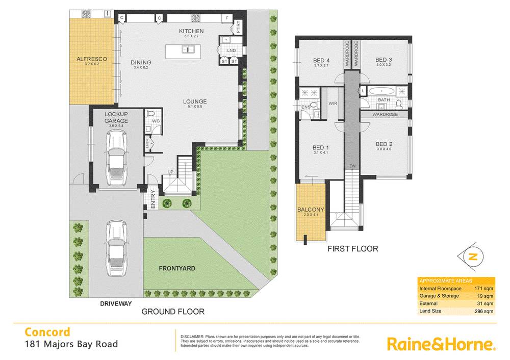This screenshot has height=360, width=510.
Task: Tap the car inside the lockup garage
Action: pos(117,158)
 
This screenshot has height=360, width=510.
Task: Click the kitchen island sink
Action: pos(187,49)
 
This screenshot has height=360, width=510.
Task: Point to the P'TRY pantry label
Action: pos(238,24)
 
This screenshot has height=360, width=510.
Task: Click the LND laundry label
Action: pos(231,50)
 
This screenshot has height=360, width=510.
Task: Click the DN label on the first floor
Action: pos(352,166)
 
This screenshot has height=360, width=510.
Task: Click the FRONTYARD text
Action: pos(177,268)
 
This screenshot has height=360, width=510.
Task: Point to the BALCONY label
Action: pos(311,210)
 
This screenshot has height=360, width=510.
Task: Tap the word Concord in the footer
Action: pos(48,332)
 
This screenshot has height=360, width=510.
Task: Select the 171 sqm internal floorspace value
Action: pos(484,289)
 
